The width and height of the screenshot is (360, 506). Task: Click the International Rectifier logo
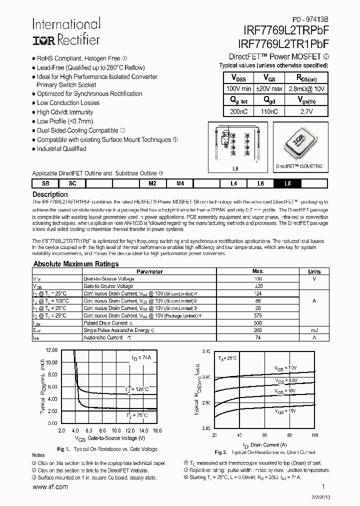click(x=66, y=31)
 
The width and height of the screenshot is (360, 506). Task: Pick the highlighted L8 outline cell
click(x=287, y=183)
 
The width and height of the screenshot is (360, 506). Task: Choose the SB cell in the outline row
click(x=45, y=183)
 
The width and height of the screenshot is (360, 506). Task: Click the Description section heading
click(x=50, y=194)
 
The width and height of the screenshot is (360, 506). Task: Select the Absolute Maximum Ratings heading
click(x=76, y=264)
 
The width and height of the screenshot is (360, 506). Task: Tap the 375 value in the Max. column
click(x=258, y=315)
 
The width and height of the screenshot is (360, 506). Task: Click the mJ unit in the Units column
click(x=314, y=330)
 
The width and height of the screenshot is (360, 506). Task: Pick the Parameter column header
click(x=149, y=271)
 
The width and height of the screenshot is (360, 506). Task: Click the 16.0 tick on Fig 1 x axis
click(x=157, y=430)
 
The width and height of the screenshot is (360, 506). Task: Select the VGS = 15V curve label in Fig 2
click(x=285, y=410)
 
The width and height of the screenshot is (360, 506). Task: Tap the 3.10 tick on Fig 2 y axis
click(x=207, y=351)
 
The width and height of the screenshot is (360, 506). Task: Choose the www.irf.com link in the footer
click(x=50, y=487)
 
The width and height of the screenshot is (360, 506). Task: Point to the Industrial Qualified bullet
click(x=61, y=148)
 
